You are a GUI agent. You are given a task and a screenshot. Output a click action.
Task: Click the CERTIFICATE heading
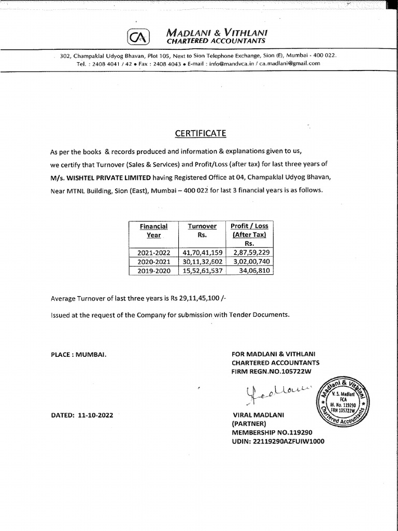[201, 133]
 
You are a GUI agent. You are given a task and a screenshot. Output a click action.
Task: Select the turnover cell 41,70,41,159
[203, 253]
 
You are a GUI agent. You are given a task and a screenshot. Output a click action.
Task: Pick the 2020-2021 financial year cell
[153, 261]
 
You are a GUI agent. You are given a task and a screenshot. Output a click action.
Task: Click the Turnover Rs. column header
[202, 230]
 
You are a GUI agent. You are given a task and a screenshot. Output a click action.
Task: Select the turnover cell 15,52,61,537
[203, 270]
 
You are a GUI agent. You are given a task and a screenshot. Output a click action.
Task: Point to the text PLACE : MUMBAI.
[79, 354]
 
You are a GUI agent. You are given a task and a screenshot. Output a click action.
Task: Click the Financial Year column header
[153, 230]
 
